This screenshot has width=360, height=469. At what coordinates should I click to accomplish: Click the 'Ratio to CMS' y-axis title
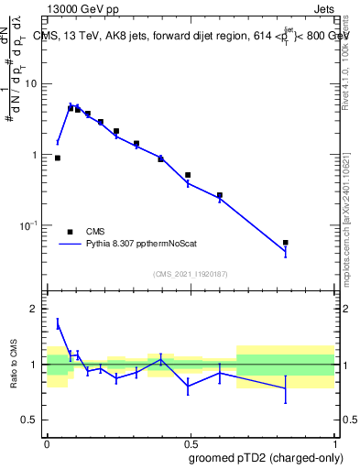pyautogui.click(x=13, y=365)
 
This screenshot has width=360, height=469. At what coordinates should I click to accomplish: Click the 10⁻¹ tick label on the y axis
pyautogui.click(x=29, y=225)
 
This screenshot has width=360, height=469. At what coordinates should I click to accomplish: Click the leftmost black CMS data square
pyautogui.click(x=58, y=158)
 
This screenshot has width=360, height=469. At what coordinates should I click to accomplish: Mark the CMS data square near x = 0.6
pyautogui.click(x=220, y=195)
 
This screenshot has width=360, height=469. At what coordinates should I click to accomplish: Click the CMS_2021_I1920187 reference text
pyautogui.click(x=190, y=273)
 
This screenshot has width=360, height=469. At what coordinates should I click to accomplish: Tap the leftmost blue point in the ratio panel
pyautogui.click(x=58, y=323)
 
